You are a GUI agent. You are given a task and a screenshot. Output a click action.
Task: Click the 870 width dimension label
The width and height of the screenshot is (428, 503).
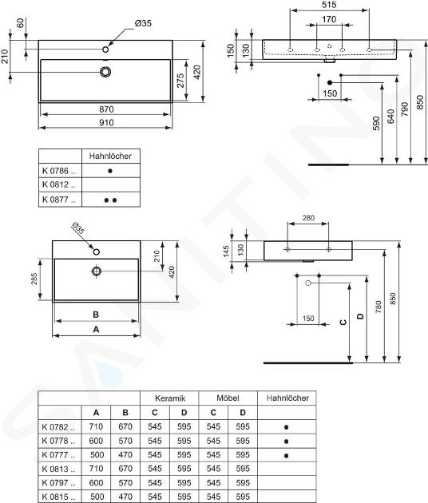(x=106, y=109)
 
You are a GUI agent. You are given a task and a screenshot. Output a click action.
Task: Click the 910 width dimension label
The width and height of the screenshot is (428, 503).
(x=106, y=123)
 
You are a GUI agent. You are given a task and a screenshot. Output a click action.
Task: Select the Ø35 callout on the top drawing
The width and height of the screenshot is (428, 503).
(x=143, y=23)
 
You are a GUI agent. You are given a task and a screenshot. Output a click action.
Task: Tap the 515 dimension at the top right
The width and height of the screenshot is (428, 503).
(x=329, y=5)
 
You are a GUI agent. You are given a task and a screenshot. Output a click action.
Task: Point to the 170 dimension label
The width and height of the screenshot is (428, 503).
(x=329, y=20)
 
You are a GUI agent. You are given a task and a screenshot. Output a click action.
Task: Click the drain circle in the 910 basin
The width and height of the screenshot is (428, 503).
(x=105, y=72)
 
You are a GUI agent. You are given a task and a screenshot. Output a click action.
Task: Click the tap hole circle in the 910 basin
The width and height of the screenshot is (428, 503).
(x=105, y=50)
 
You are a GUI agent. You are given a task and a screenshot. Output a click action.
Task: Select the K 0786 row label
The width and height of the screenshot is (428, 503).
(x=59, y=171)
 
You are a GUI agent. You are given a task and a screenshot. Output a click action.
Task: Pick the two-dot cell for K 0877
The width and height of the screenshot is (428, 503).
(x=110, y=200)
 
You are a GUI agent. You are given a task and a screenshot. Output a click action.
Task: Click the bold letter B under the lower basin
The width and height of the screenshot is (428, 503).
(x=96, y=315)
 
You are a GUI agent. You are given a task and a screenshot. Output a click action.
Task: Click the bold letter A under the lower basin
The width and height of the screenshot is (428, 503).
(x=96, y=330)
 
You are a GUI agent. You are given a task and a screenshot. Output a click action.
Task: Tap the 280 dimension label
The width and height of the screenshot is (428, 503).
(x=308, y=218)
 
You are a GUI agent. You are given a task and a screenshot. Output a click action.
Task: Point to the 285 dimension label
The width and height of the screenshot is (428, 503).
(x=34, y=279)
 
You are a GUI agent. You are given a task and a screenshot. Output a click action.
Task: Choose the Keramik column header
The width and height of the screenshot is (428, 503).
(x=170, y=398)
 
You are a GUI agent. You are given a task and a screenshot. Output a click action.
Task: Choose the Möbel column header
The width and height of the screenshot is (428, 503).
(x=228, y=398)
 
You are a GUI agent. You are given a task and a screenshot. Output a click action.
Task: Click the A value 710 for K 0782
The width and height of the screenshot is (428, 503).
(x=96, y=426)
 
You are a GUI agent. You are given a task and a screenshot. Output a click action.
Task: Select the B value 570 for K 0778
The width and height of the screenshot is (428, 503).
(x=125, y=441)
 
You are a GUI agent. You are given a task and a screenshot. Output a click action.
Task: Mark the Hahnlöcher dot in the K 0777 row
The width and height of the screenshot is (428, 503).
(x=286, y=456)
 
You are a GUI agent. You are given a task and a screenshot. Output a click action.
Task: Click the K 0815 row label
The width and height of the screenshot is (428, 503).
(x=58, y=497)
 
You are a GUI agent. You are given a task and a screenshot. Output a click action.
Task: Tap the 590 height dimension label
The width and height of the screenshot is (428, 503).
(x=376, y=123)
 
